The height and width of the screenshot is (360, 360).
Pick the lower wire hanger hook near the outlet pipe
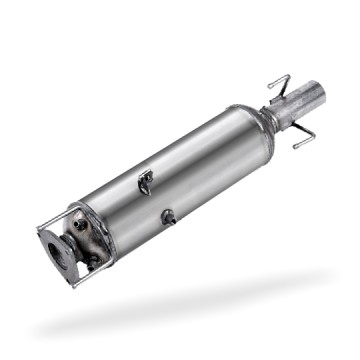pos(305,141)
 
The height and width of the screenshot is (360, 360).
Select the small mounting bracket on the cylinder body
pos(146,181)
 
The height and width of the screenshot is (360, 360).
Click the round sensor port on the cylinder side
pos(168,216)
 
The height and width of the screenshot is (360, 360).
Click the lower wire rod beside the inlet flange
pos(74,281)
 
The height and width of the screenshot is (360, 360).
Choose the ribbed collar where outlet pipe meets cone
pos(274,113)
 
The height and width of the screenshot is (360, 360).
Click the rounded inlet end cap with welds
pos(87,240)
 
